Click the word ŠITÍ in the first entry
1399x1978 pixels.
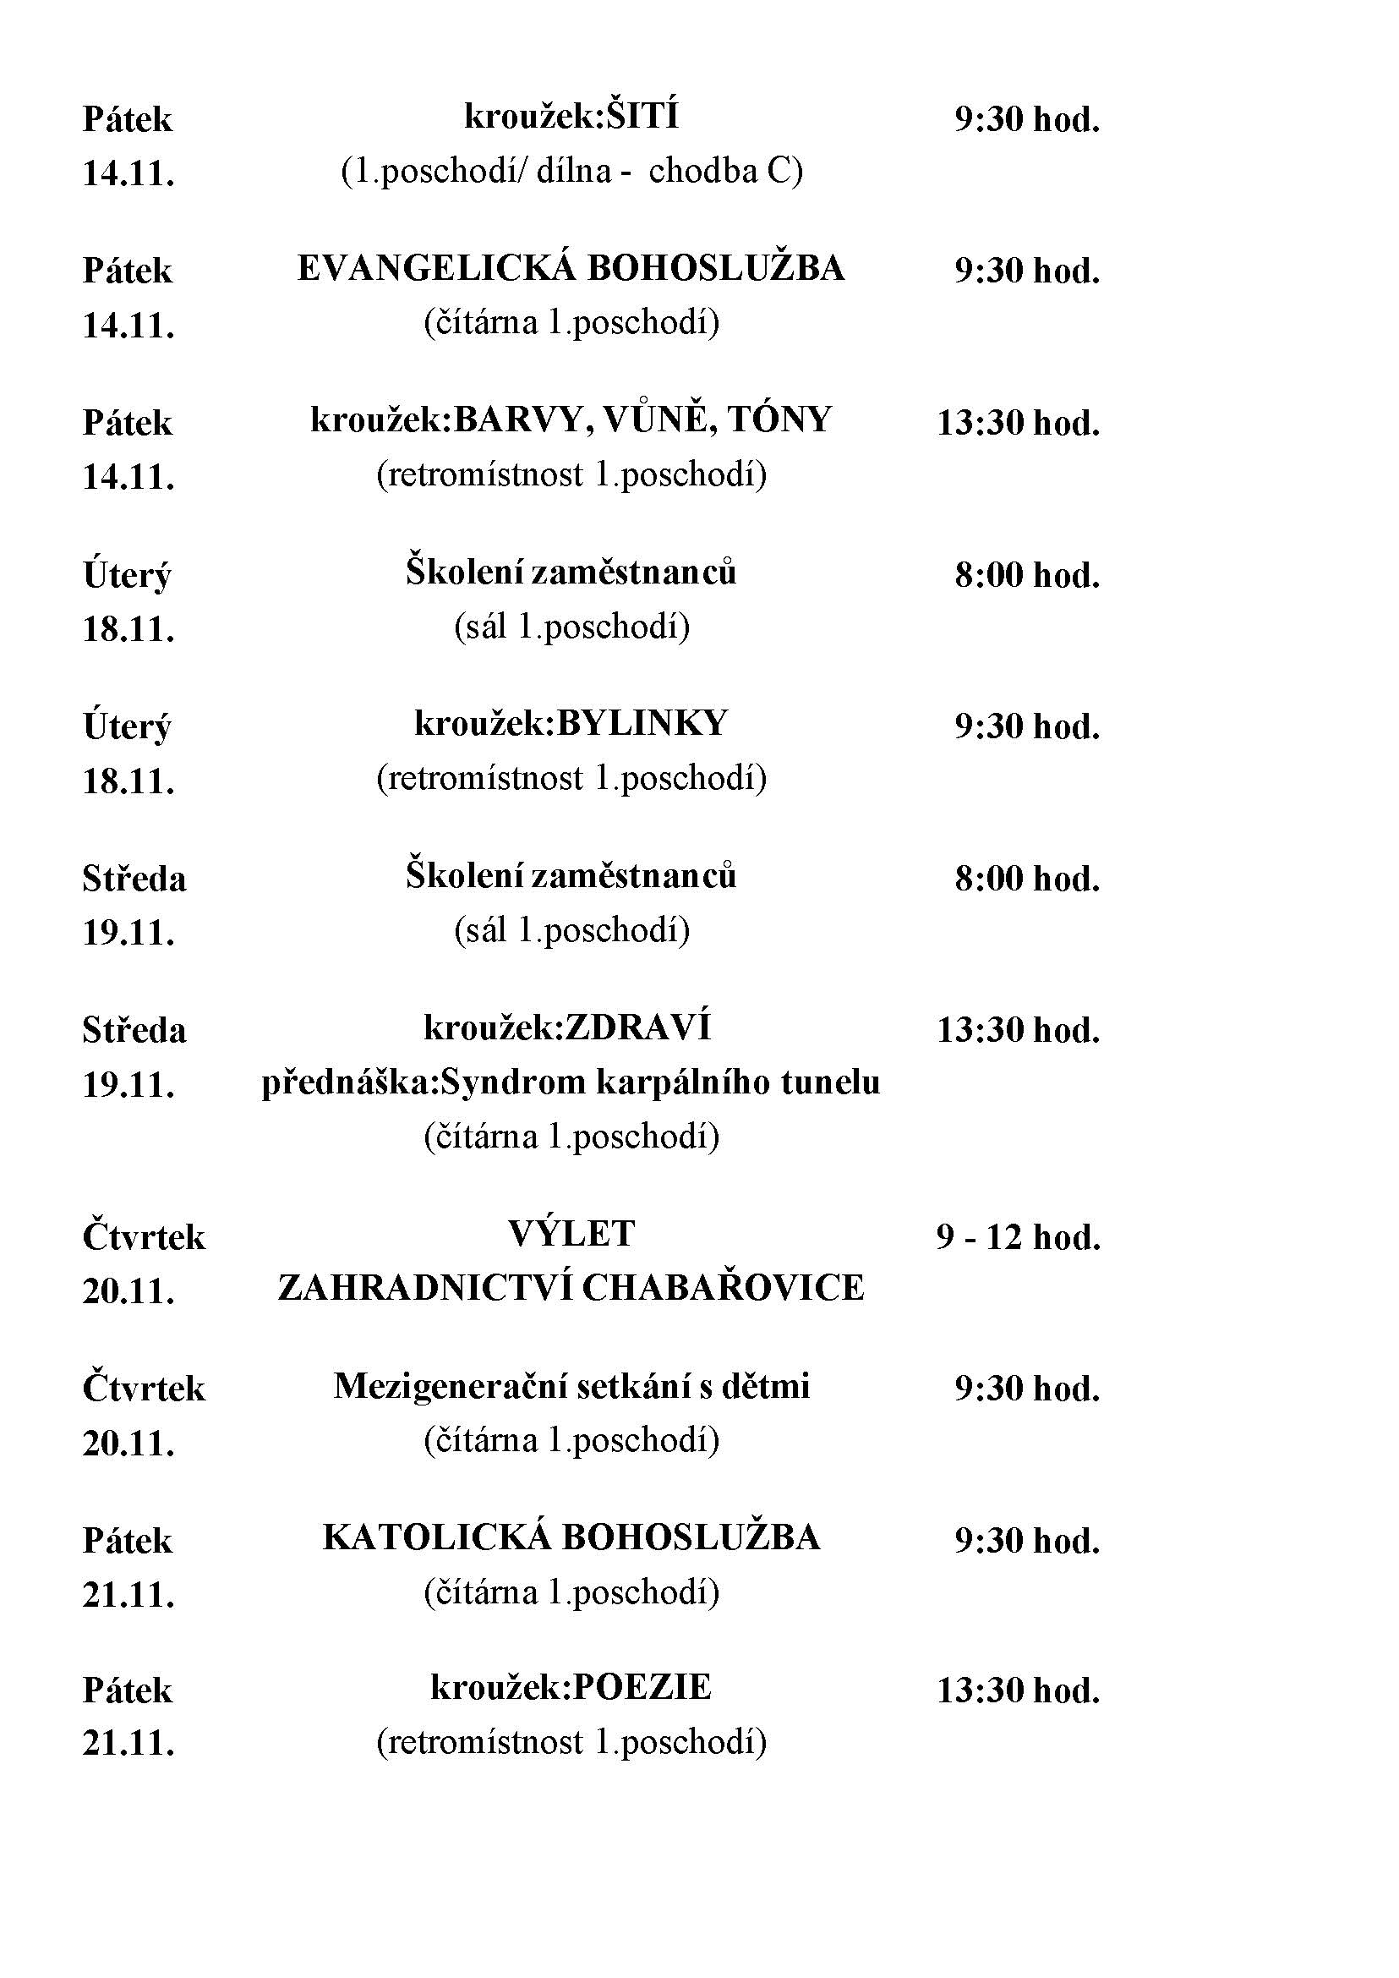click(641, 117)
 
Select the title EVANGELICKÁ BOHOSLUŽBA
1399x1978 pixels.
click(571, 269)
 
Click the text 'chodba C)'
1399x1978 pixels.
click(725, 172)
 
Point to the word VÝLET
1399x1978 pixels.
click(571, 1234)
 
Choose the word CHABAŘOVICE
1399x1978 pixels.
click(722, 1289)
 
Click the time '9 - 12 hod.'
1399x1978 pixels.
click(1019, 1238)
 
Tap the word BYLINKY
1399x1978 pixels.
click(642, 723)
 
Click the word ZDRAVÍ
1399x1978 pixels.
click(637, 1027)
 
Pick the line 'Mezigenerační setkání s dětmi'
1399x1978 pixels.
click(571, 1386)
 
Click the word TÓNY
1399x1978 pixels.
click(779, 420)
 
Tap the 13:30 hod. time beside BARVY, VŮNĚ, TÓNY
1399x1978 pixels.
click(1019, 423)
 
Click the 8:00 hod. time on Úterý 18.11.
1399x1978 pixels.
click(1027, 575)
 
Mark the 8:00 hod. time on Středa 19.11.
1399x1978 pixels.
click(1027, 879)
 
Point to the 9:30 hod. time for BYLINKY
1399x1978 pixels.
click(1027, 726)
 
